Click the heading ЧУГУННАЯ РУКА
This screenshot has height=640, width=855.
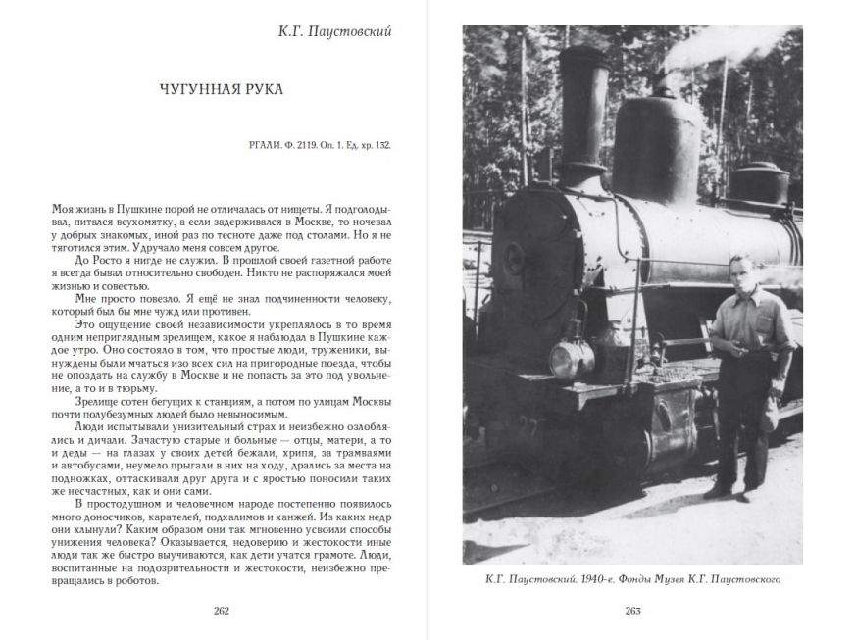point(221,89)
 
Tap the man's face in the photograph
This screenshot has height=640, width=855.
point(741,271)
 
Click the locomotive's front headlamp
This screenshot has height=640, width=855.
point(570,356)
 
